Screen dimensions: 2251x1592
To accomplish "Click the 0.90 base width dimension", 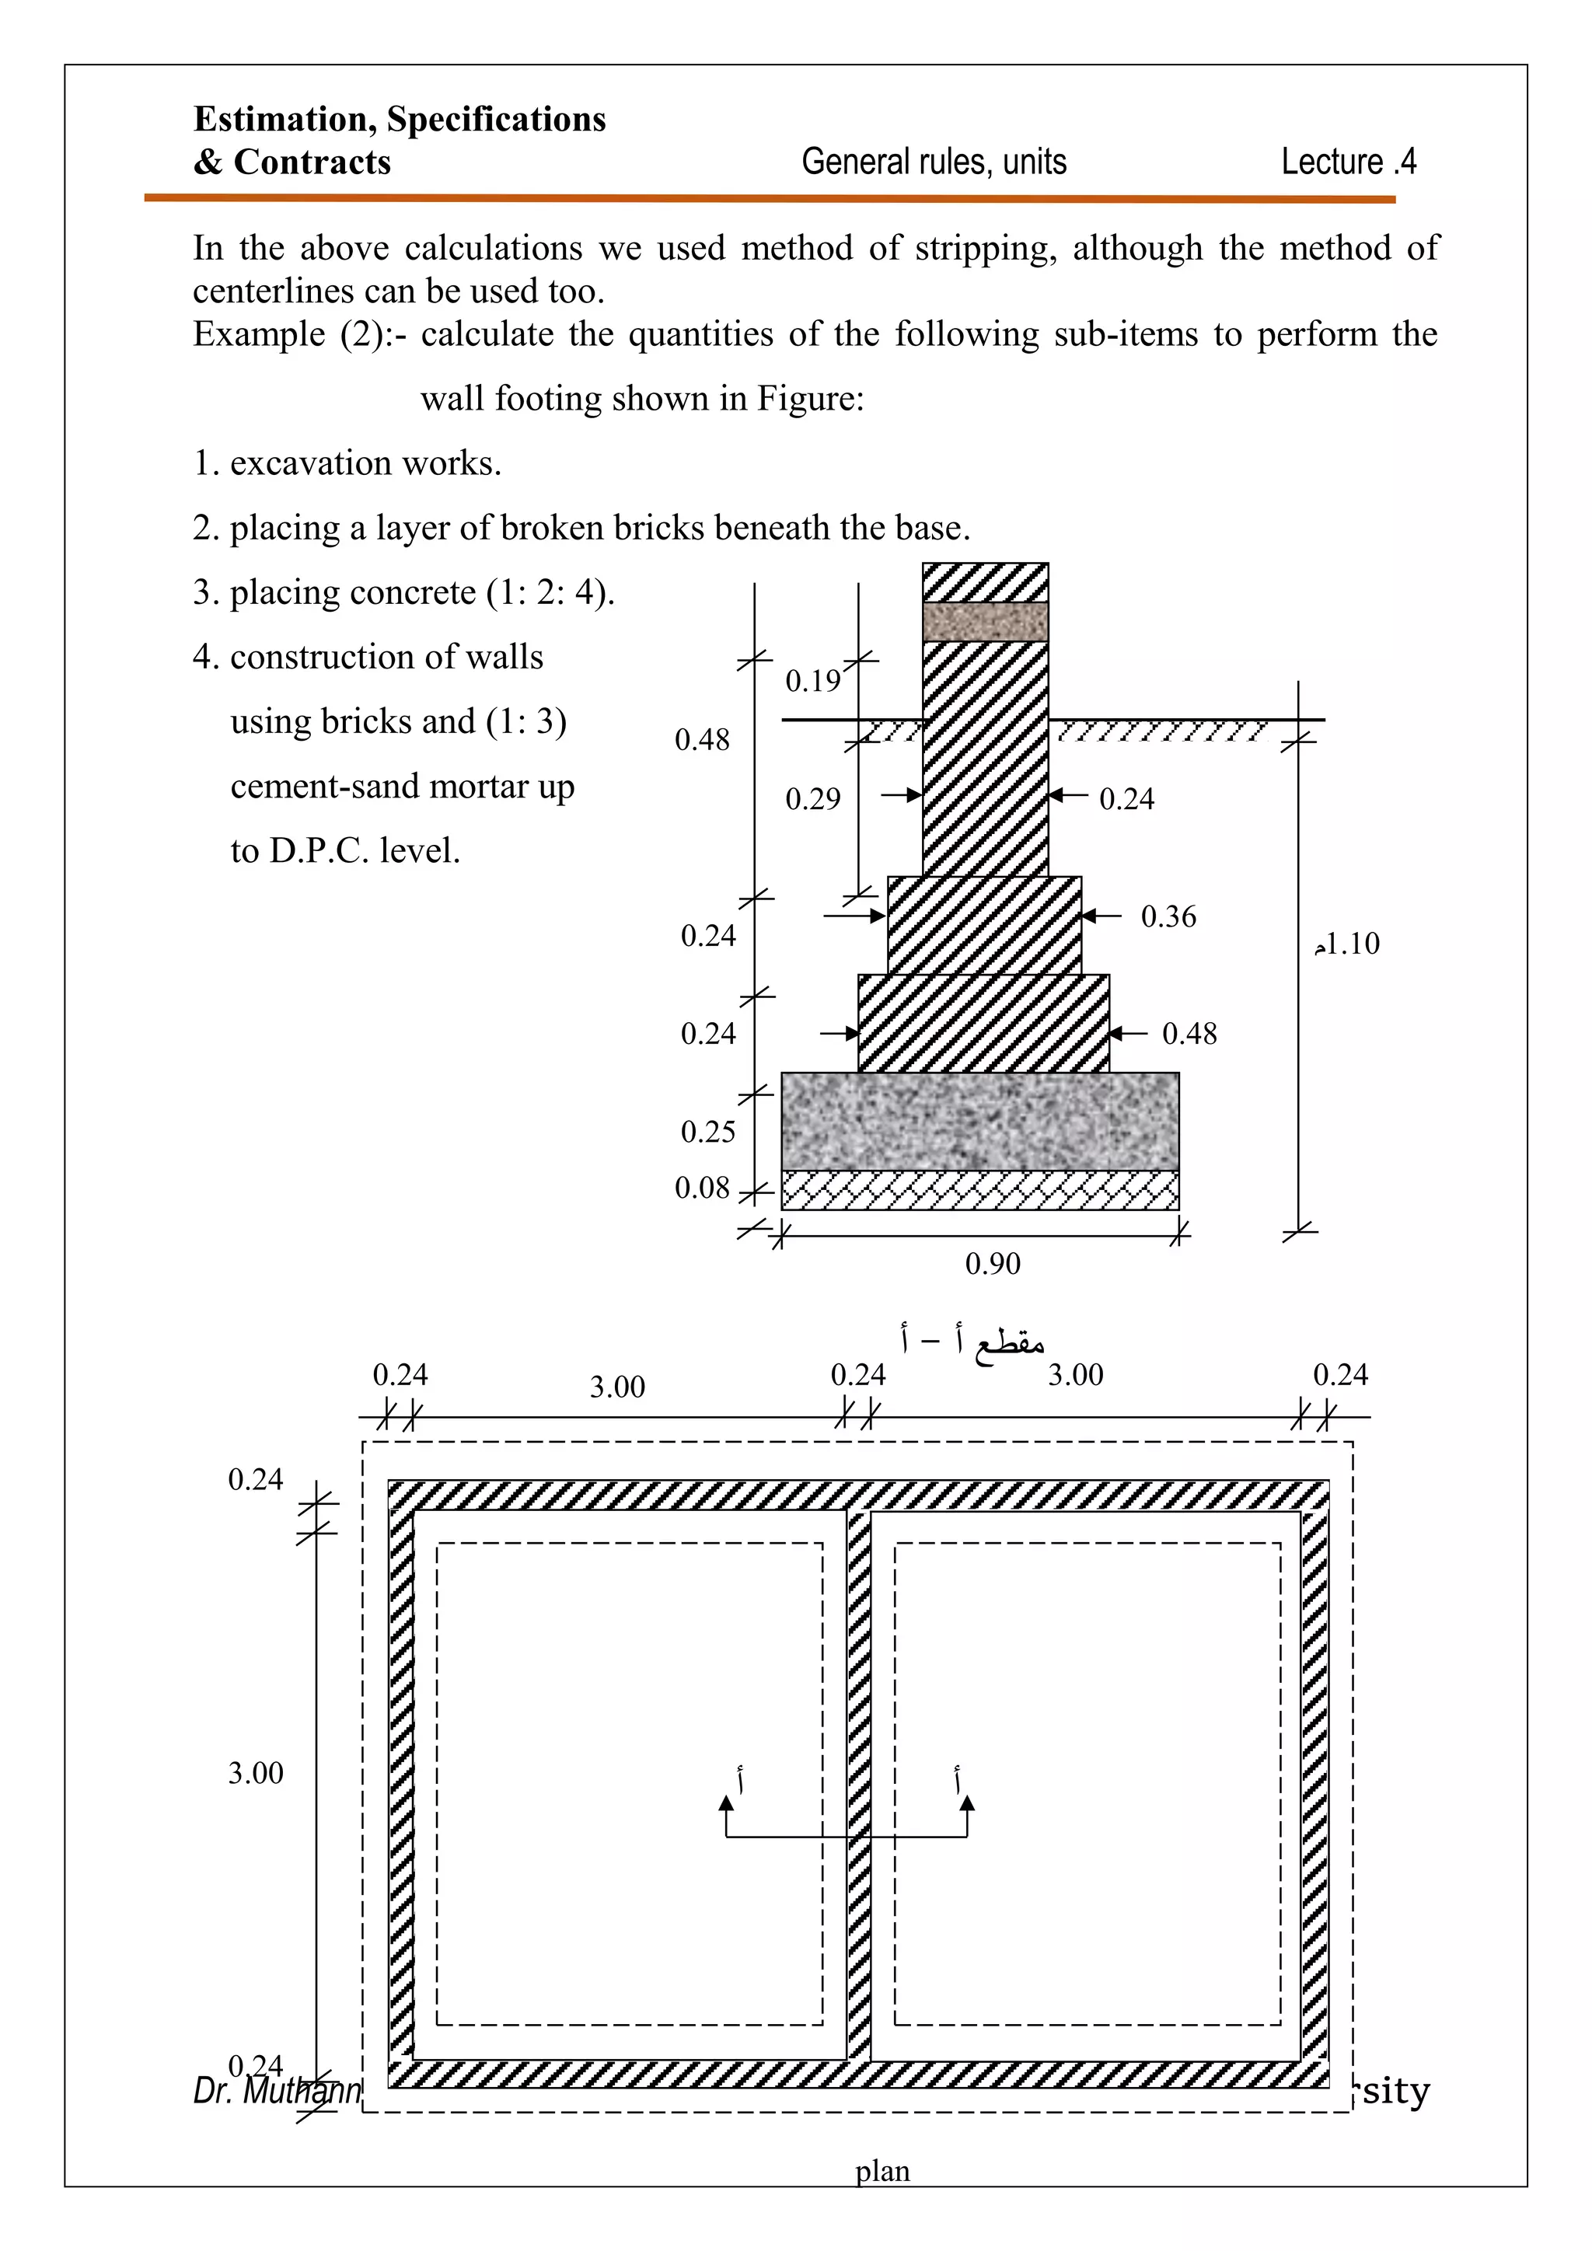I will click(x=992, y=1263).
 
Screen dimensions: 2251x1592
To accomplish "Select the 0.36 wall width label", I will click(x=1168, y=916).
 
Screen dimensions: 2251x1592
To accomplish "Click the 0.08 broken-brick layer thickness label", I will click(x=702, y=1188).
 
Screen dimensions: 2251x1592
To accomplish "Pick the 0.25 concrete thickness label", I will click(x=708, y=1132).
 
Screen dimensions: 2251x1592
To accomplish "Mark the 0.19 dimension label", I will click(x=812, y=680).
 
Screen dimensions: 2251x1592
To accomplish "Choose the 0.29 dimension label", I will click(x=812, y=799).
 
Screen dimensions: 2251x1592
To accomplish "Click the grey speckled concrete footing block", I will click(x=979, y=1121).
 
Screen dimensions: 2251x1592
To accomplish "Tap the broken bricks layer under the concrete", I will click(x=979, y=1190).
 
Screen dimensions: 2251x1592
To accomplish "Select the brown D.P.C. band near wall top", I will click(x=985, y=622).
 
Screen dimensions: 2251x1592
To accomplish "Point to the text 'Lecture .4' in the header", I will click(x=1348, y=162).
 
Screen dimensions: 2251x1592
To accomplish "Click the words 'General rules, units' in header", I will click(x=934, y=162).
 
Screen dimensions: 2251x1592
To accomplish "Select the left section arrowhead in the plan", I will click(x=726, y=1802).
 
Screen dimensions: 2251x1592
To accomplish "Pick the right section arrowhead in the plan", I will click(x=968, y=1802).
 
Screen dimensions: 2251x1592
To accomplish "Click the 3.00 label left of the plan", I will click(x=255, y=1772).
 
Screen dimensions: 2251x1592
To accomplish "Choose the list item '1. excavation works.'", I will click(x=347, y=462).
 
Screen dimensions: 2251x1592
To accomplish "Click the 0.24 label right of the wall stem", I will click(x=1126, y=799).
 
